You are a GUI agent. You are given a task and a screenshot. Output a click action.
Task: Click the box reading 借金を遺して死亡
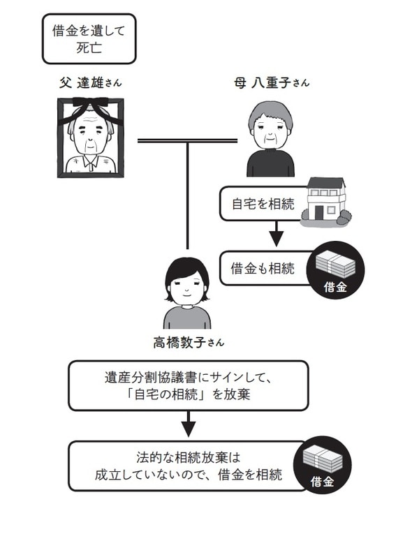[x=89, y=38]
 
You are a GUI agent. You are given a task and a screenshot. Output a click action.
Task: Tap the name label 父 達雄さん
[x=90, y=82]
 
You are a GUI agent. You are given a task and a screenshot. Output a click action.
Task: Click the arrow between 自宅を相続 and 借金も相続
[x=276, y=234]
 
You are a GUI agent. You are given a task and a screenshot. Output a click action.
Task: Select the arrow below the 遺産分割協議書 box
[x=188, y=424]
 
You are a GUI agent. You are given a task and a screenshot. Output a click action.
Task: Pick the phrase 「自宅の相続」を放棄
[x=187, y=394]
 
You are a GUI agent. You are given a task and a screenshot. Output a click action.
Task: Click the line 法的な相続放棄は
[x=187, y=459]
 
